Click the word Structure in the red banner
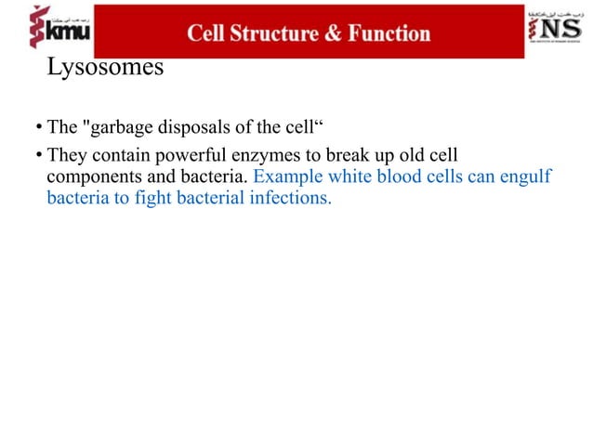pyautogui.click(x=274, y=34)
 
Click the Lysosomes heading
pyautogui.click(x=104, y=69)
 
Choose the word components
pyautogui.click(x=89, y=176)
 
